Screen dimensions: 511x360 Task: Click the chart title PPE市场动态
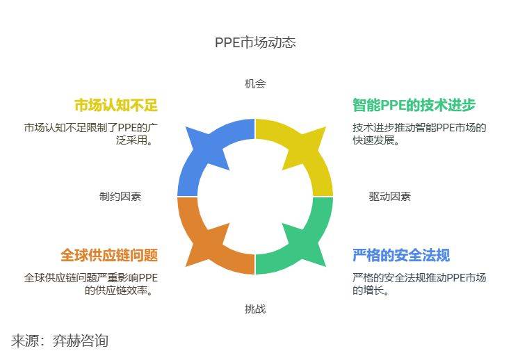click(x=255, y=42)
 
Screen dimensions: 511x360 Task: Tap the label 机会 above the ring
click(x=255, y=83)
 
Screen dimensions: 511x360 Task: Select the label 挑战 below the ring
click(x=255, y=309)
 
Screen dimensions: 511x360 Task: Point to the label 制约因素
click(x=120, y=197)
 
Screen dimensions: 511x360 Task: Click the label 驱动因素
click(x=390, y=197)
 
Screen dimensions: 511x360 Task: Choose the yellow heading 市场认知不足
click(x=116, y=105)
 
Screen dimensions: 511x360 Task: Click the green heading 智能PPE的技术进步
click(x=414, y=105)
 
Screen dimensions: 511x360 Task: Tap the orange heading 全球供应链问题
click(x=109, y=255)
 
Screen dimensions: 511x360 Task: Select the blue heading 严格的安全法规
click(x=401, y=255)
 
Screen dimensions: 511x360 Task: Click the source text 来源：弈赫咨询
click(x=60, y=341)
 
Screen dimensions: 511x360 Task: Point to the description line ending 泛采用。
click(x=135, y=140)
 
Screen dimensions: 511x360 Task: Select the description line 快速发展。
click(x=376, y=140)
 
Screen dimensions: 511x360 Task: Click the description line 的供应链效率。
click(x=119, y=290)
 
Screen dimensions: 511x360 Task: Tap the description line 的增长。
click(x=371, y=290)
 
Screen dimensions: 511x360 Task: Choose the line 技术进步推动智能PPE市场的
click(x=419, y=127)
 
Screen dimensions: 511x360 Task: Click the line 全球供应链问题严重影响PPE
click(x=91, y=278)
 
